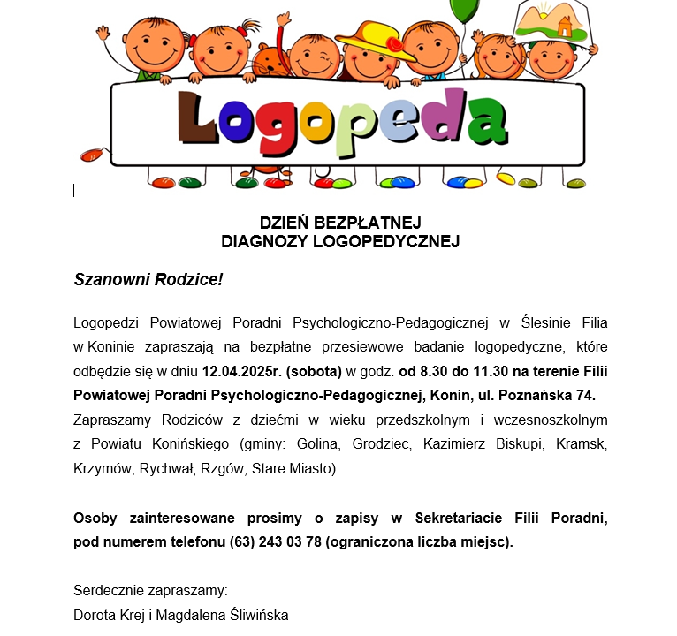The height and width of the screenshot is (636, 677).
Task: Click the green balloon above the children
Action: pos(465,11)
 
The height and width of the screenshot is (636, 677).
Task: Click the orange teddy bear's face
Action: pos(267,64)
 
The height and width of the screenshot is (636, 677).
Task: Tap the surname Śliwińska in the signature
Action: pos(251,615)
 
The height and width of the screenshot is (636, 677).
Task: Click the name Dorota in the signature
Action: pos(94,615)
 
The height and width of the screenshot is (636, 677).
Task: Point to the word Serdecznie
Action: pos(107,590)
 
